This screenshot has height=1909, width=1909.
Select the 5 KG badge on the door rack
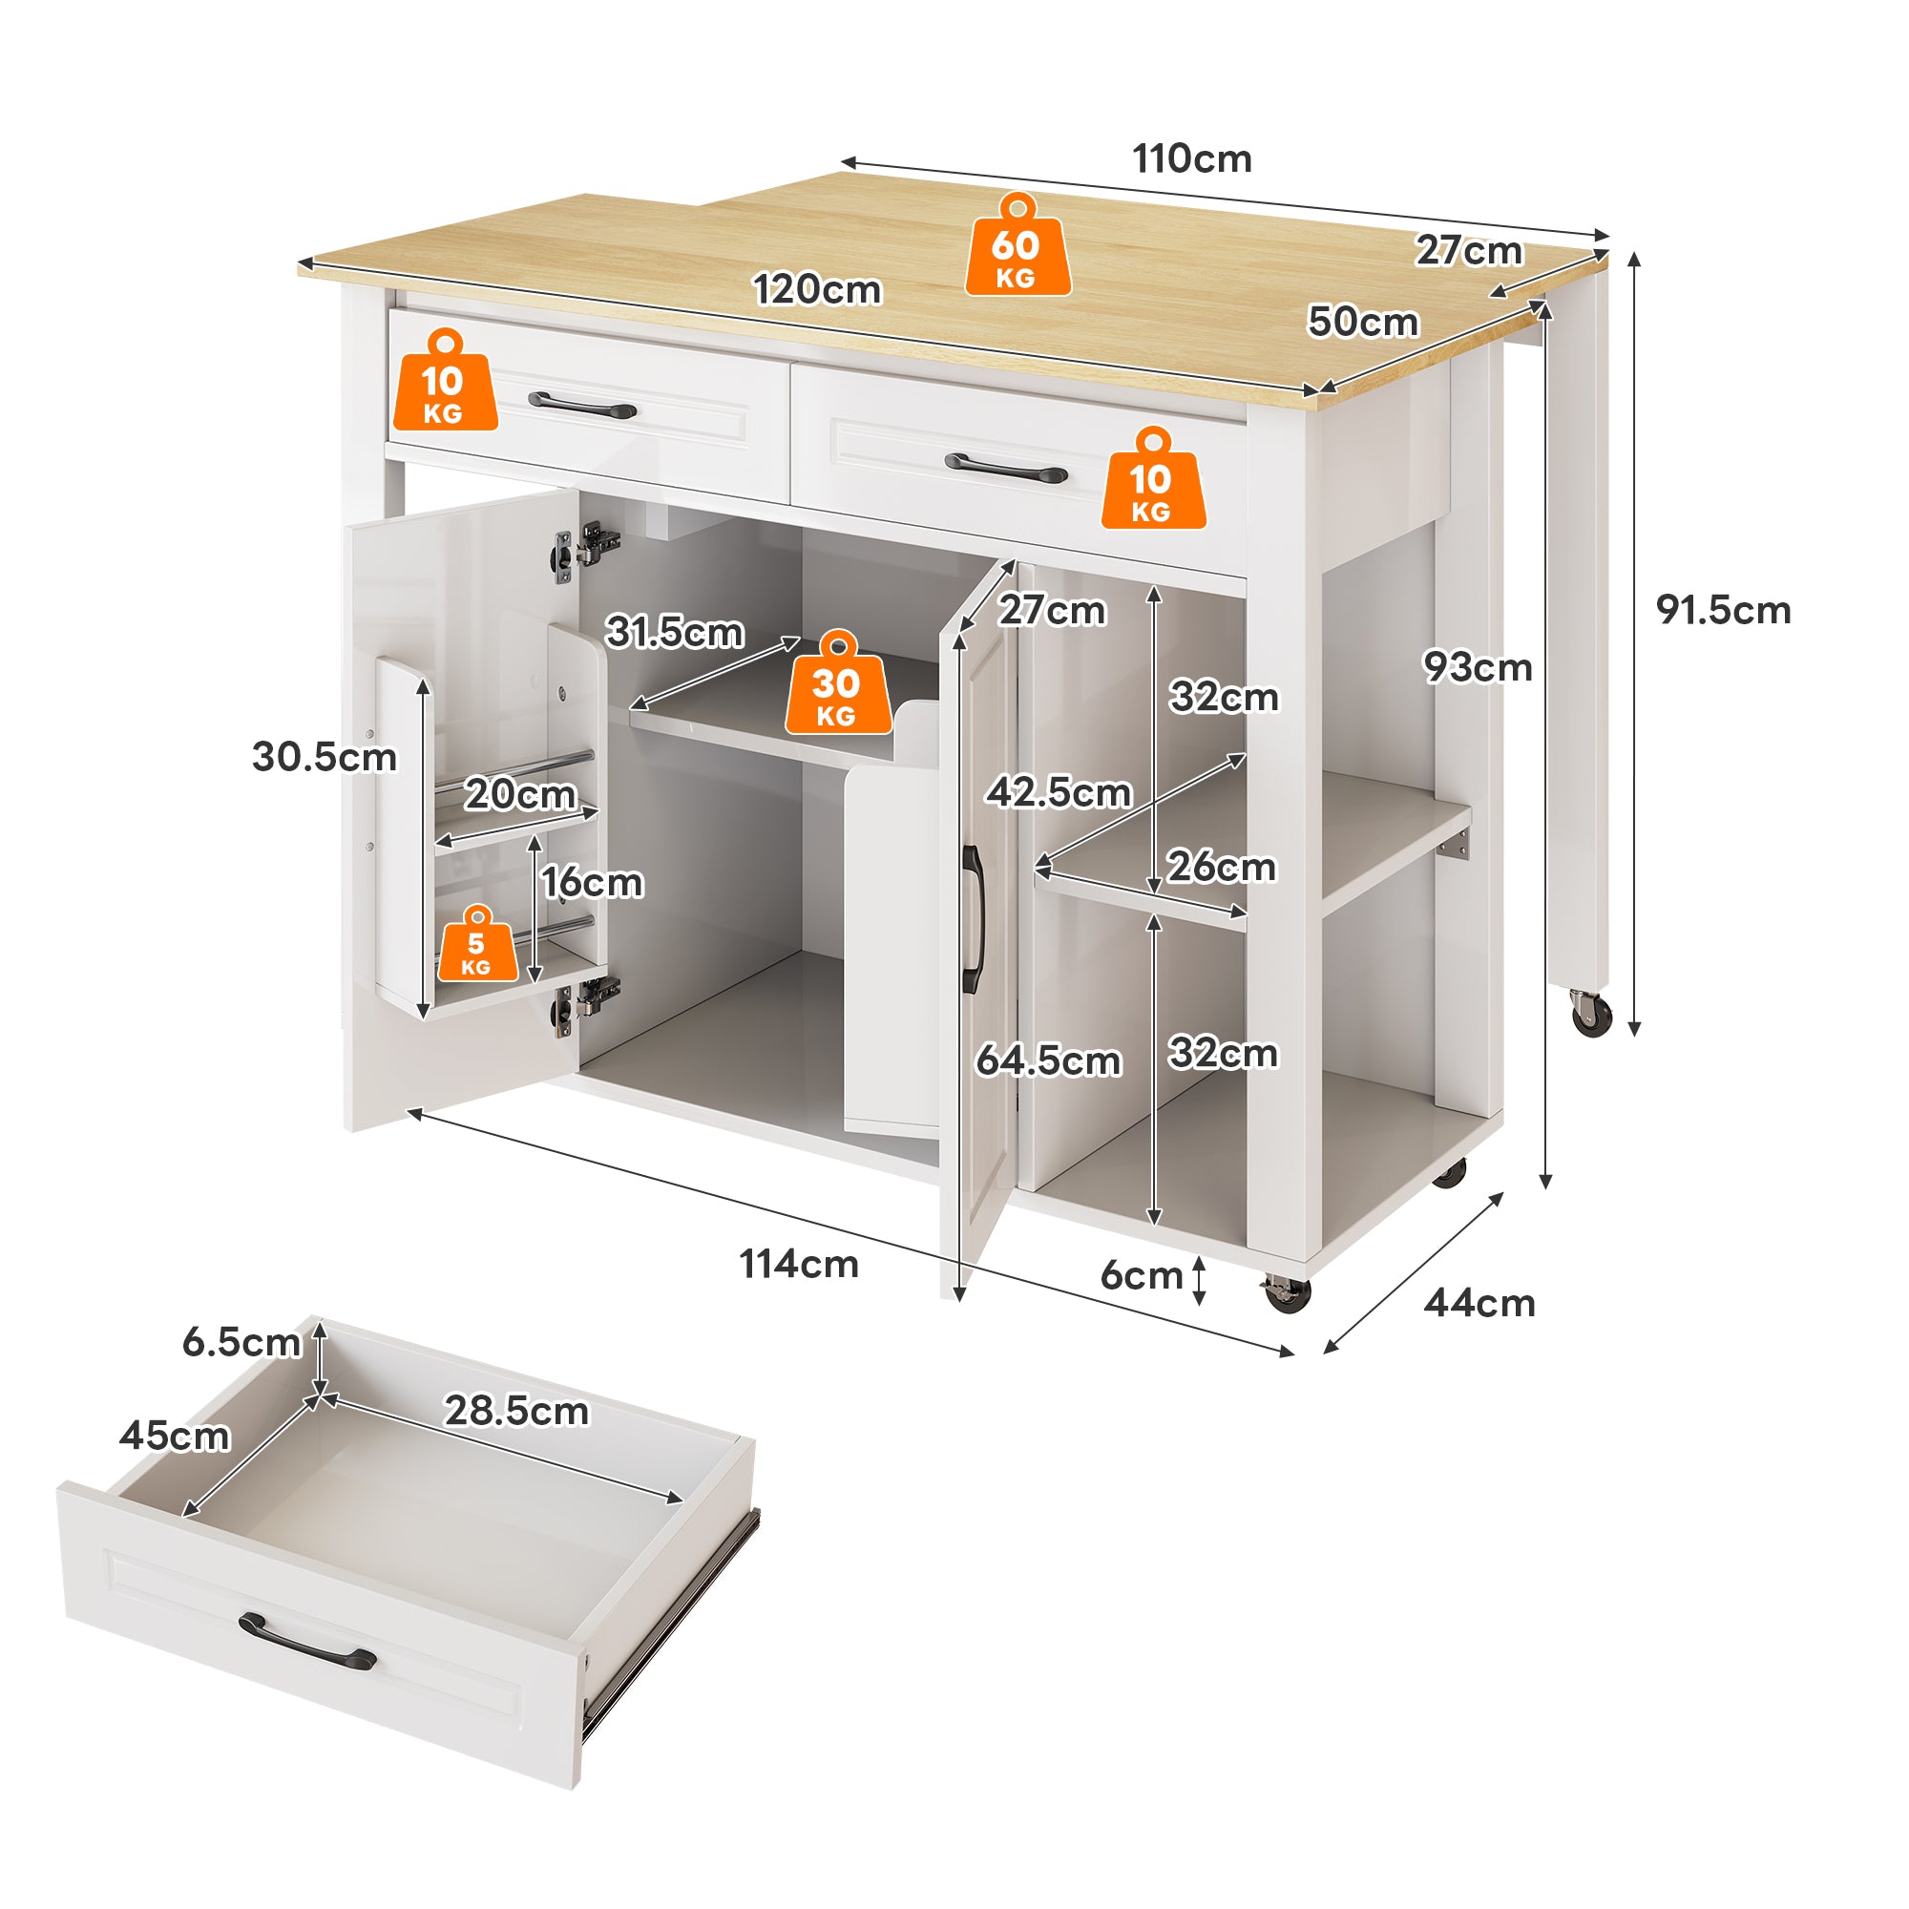point(477,949)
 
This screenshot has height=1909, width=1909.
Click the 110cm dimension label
point(1191,159)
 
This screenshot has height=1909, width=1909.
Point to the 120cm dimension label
point(817,289)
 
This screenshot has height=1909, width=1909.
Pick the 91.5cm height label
point(1723,610)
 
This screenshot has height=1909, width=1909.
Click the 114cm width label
point(798,1264)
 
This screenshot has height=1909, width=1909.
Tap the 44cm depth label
point(1479,1303)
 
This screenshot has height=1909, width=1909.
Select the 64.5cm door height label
point(1048,1060)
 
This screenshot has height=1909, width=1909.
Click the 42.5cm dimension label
point(1059,791)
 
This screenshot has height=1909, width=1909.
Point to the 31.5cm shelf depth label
point(675,631)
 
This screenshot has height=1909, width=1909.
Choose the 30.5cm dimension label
point(325,757)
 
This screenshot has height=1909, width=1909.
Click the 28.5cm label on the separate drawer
point(515,1410)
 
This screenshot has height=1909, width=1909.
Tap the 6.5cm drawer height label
point(241,1342)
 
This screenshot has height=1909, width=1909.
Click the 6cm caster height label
point(1142,1275)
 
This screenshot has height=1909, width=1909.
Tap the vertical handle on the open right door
point(973,919)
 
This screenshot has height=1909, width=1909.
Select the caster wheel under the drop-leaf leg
point(1591,1015)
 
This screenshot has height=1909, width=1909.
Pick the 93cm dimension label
point(1478,667)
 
